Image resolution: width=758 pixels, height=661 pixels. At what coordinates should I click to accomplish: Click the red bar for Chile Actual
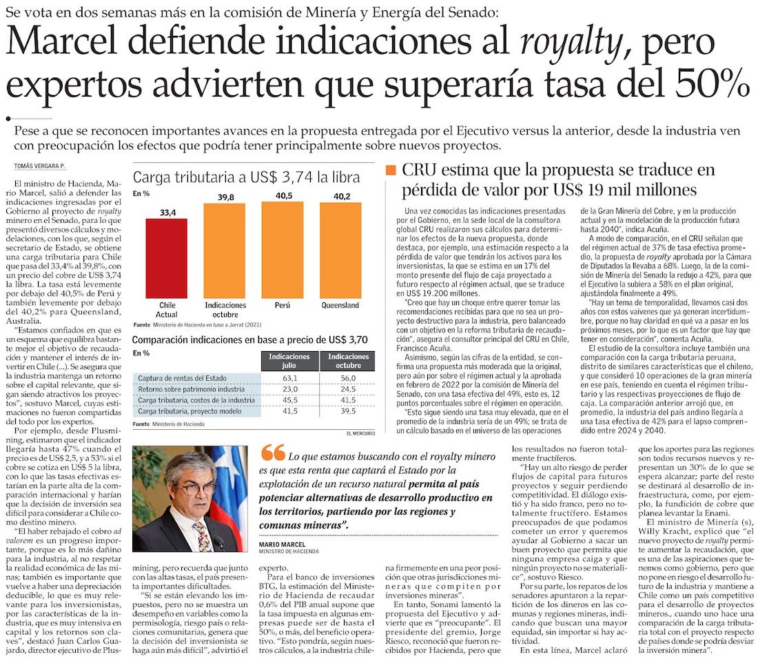pos(167,257)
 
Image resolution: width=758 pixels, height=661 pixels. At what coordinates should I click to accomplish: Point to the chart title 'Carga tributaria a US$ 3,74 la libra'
pos(246,177)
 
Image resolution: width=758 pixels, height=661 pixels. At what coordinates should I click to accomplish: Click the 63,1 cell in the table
pos(289,378)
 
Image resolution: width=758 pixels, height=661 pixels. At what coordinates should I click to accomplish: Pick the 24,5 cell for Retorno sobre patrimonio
pos(348,389)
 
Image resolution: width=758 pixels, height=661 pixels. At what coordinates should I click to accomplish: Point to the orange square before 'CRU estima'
pos(391,170)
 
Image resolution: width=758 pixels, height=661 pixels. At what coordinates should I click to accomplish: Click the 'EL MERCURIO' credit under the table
pos(361,433)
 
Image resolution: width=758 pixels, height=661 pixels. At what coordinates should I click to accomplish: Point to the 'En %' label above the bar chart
pos(141,193)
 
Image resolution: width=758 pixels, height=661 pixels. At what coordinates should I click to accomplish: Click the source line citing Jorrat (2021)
pos(199,324)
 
